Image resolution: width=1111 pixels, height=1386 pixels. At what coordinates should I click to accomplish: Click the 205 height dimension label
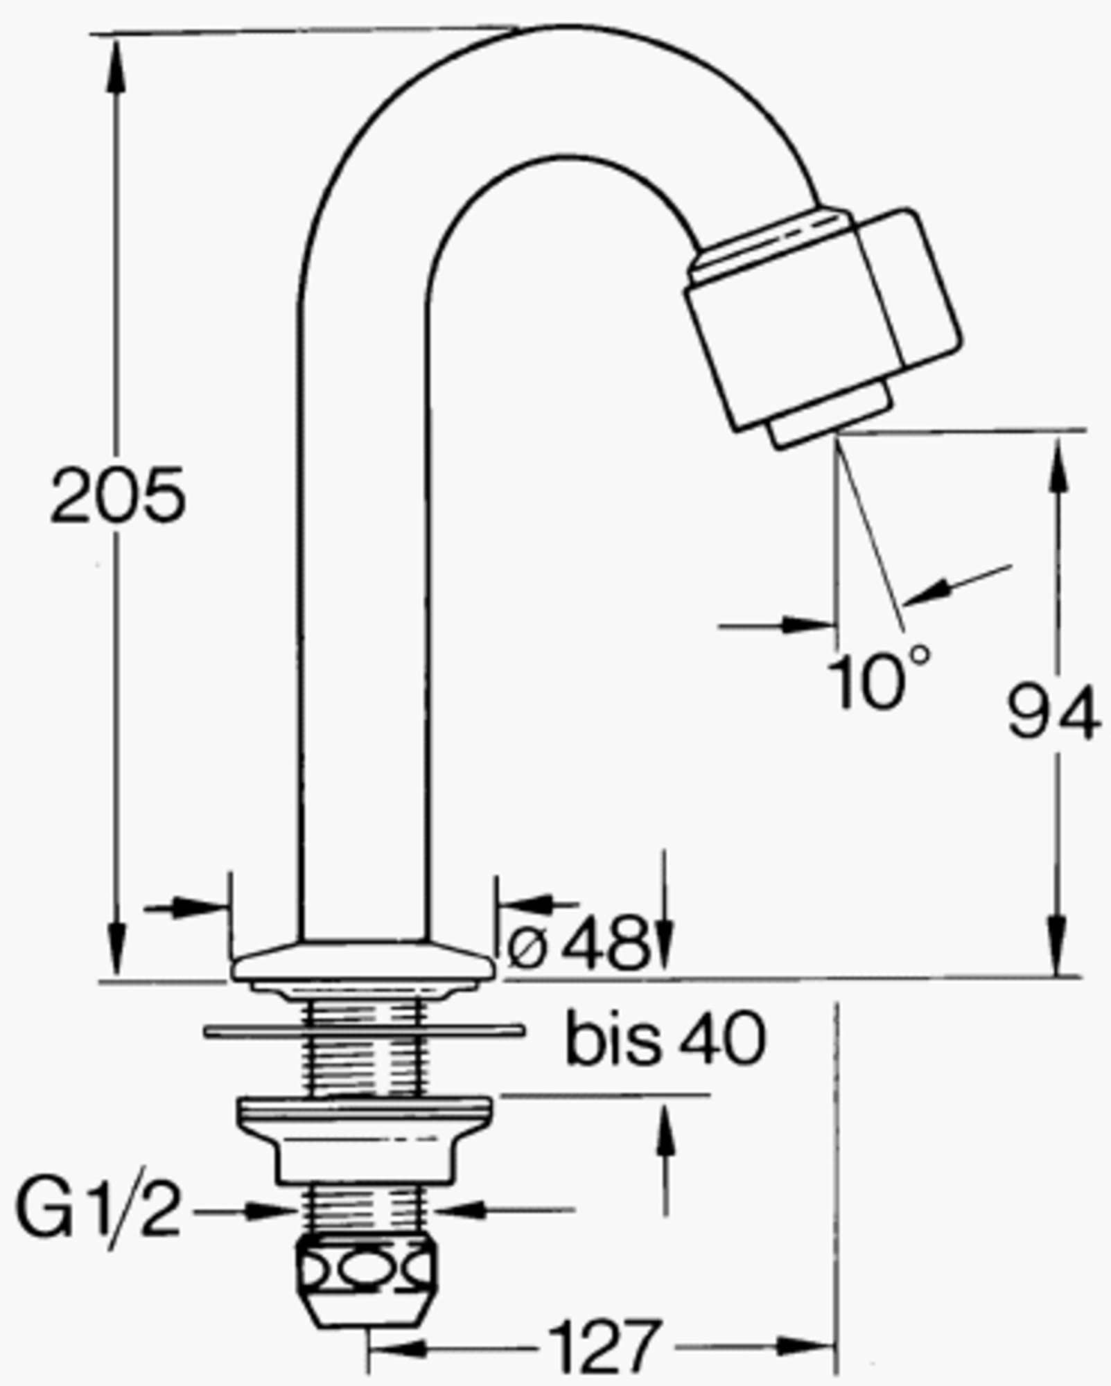(119, 495)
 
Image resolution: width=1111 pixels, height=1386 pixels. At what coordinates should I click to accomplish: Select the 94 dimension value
(1052, 712)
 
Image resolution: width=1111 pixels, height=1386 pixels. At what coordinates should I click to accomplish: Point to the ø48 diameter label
(578, 943)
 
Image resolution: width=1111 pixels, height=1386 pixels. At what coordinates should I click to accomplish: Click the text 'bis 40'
(665, 1038)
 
